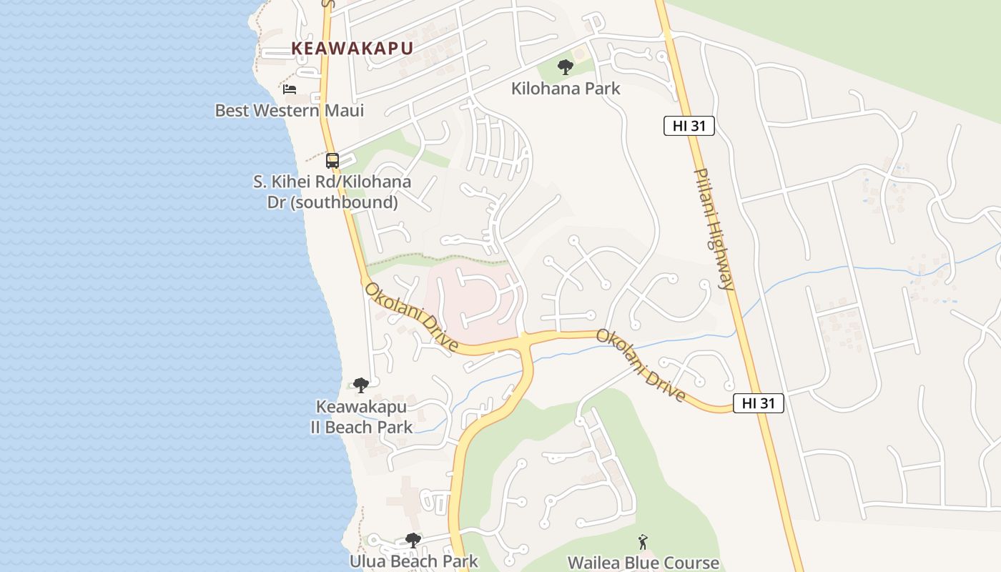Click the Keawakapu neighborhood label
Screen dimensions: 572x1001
352,49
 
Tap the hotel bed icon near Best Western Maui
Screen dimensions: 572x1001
290,89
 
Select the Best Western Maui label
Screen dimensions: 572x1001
290,111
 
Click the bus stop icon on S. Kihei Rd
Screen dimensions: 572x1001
332,160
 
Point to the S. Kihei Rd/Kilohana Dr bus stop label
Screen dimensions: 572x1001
332,192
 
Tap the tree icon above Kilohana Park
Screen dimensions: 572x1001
566,68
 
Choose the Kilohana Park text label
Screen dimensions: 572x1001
566,89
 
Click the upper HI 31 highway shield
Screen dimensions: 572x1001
689,126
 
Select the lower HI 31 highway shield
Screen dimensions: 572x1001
759,403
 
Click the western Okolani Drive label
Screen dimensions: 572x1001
412,317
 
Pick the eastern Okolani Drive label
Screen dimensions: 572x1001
641,365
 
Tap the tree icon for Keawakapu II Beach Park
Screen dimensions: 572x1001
361,385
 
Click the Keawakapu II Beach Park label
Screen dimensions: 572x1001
361,417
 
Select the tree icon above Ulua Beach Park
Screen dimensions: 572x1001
413,540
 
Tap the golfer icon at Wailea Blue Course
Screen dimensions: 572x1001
643,541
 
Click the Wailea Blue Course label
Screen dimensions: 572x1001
643,563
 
